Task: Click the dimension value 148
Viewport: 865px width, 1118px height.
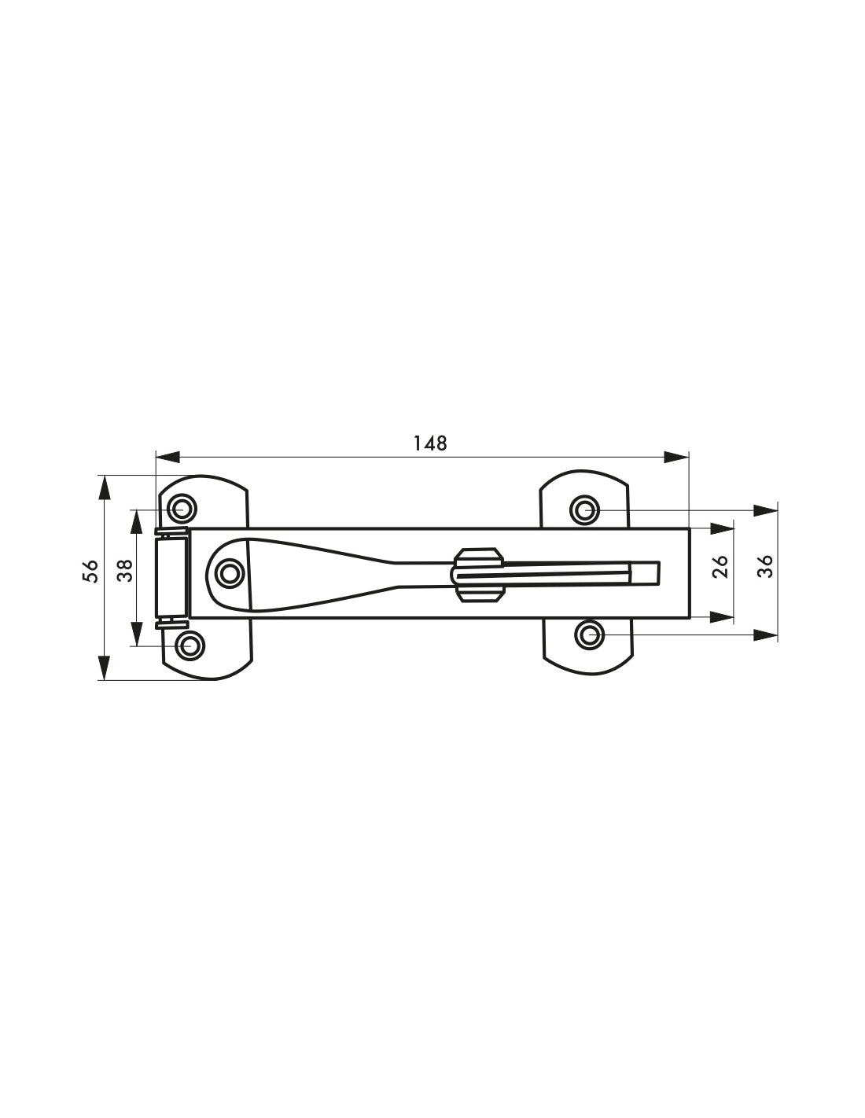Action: tap(430, 443)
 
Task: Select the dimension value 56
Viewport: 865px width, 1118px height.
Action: tap(90, 571)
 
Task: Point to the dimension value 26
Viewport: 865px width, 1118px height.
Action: tap(721, 566)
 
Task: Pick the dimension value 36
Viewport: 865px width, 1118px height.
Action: tap(765, 566)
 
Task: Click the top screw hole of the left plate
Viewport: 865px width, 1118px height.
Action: tap(182, 509)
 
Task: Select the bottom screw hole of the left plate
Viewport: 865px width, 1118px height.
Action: tap(190, 645)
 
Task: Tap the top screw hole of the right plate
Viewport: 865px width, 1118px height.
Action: tap(584, 511)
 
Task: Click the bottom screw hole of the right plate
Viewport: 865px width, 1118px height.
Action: tap(589, 635)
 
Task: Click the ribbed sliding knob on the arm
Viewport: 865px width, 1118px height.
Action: tap(477, 574)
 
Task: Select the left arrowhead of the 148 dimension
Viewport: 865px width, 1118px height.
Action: tap(167, 456)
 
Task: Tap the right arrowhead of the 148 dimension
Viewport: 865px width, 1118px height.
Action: tap(676, 456)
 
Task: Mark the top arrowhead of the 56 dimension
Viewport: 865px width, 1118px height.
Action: tap(104, 487)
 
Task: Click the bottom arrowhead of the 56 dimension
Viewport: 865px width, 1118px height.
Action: tap(104, 667)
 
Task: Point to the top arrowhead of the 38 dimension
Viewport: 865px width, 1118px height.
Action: tap(137, 522)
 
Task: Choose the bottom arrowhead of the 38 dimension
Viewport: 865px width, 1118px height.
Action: tap(137, 634)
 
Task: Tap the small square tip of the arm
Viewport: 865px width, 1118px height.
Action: tap(645, 573)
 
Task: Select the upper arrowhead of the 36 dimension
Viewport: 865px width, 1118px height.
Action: tap(765, 511)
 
